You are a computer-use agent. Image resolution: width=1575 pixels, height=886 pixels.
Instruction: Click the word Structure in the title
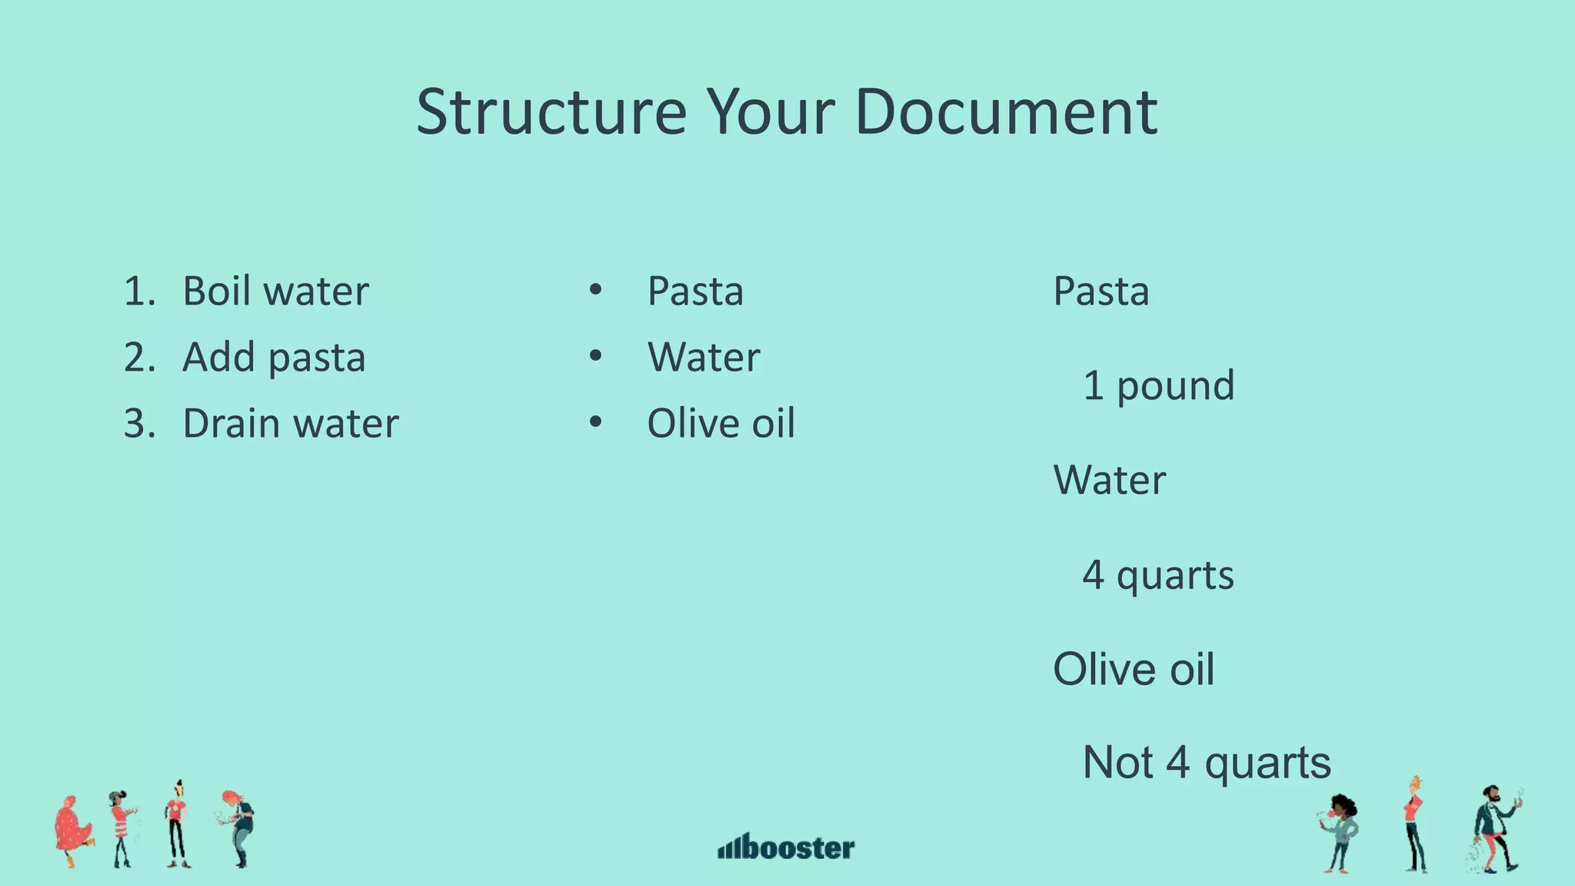click(x=551, y=112)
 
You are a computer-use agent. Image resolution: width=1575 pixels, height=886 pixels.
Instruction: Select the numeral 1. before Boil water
click(x=139, y=291)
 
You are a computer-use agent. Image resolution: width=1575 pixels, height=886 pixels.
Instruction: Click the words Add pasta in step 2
click(x=274, y=358)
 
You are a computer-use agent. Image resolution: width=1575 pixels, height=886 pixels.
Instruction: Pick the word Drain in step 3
click(x=231, y=424)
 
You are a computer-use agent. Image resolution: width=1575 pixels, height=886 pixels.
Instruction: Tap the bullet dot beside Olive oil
click(x=595, y=422)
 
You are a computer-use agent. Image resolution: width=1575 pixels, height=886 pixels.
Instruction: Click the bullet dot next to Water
click(x=595, y=356)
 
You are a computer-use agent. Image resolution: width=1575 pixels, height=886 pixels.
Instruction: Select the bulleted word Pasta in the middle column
click(x=695, y=291)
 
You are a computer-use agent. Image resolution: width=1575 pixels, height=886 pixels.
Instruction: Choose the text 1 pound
click(x=1158, y=385)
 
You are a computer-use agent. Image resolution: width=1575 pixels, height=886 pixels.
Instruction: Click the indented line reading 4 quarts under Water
click(x=1158, y=575)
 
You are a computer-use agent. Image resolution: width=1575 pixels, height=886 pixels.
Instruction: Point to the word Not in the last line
click(x=1117, y=763)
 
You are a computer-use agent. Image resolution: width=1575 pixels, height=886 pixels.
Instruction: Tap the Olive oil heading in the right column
click(x=1134, y=669)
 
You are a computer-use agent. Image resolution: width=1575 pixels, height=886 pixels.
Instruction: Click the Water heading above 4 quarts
click(x=1109, y=480)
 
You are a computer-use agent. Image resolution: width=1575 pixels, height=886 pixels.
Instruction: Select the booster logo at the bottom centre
click(x=786, y=847)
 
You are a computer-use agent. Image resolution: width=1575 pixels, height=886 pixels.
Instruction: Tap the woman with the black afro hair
click(x=1342, y=832)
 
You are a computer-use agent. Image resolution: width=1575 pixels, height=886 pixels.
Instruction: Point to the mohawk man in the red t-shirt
click(x=177, y=824)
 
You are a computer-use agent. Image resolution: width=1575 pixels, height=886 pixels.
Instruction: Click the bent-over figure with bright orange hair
click(x=239, y=827)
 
